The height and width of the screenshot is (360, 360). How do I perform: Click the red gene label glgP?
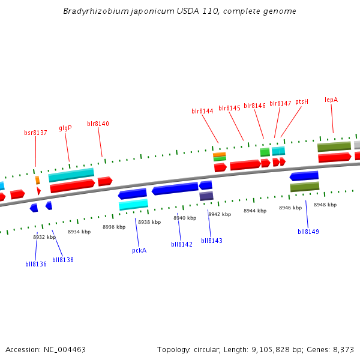(x=65, y=128)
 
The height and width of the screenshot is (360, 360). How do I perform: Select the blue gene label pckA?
(x=139, y=250)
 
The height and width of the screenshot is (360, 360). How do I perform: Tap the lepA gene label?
(x=331, y=100)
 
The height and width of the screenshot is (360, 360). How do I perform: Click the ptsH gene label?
(x=302, y=102)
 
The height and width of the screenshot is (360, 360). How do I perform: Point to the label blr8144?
(x=202, y=111)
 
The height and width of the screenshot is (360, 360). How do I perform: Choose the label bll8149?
(x=308, y=232)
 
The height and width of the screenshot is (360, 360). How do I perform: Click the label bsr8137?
(x=35, y=133)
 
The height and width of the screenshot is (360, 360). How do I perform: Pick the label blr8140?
(x=98, y=124)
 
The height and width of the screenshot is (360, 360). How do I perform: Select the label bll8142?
(x=182, y=244)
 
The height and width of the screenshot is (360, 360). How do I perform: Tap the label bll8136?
(x=36, y=264)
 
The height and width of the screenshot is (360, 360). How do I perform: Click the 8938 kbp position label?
(x=149, y=222)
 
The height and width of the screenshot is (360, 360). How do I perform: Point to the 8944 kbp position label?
(x=254, y=211)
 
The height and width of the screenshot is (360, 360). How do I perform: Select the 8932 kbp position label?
(x=44, y=237)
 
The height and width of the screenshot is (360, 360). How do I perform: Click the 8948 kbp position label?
(x=325, y=205)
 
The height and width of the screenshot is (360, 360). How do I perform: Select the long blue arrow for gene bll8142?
(x=175, y=189)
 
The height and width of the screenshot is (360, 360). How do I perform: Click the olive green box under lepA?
(x=334, y=146)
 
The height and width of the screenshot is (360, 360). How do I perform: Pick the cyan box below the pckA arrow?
(x=133, y=205)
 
